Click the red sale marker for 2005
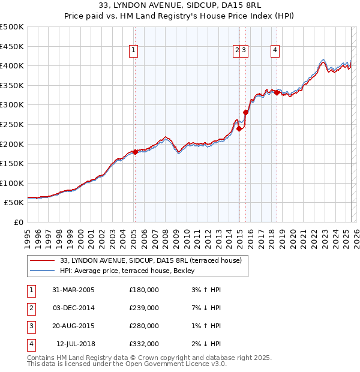[135, 152]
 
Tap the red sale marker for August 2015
[246, 112]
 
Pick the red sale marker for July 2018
[277, 92]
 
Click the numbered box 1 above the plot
[133, 50]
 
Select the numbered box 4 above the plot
[275, 50]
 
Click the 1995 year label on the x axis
[28, 234]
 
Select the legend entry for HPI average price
[115, 271]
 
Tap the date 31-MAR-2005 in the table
[73, 290]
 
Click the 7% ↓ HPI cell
[205, 308]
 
